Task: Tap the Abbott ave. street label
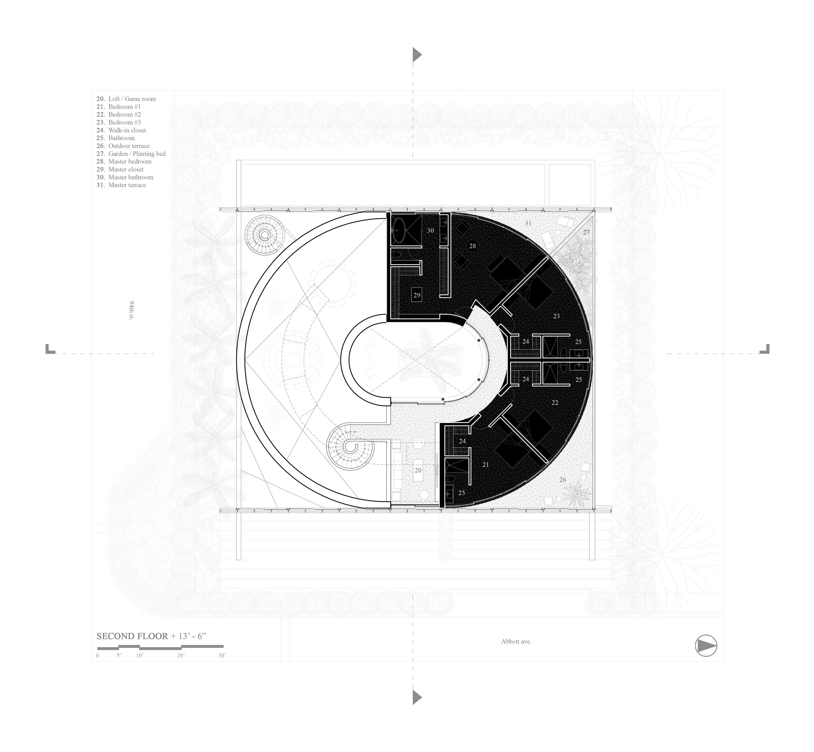[x=516, y=642]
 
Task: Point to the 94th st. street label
[x=132, y=310]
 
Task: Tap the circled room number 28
[x=472, y=246]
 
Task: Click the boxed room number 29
[x=416, y=295]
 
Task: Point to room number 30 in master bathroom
[x=430, y=230]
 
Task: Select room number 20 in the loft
[x=418, y=470]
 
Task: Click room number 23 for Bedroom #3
[x=556, y=316]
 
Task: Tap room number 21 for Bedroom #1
[x=485, y=464]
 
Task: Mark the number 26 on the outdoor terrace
[x=562, y=480]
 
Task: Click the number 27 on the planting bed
[x=586, y=232]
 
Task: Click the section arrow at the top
[x=416, y=55]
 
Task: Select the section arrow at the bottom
[x=416, y=697]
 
